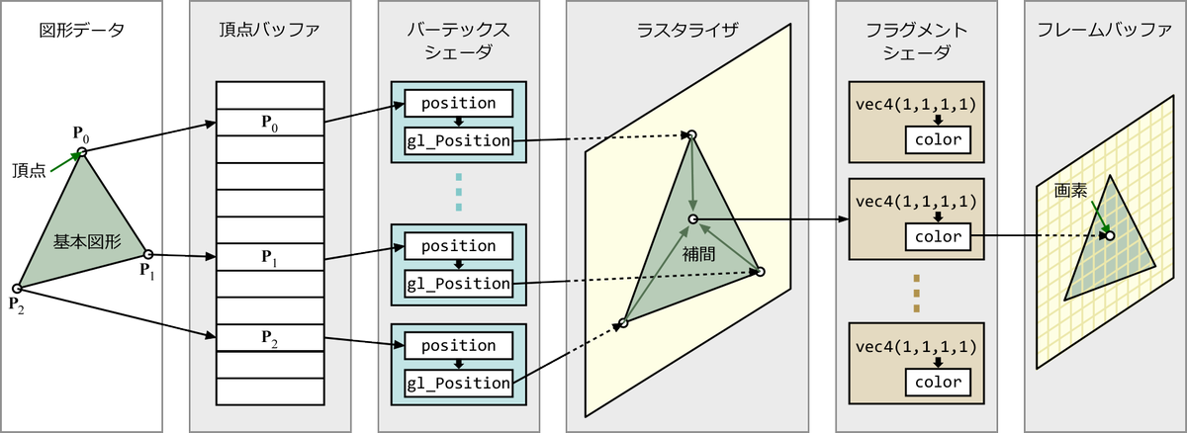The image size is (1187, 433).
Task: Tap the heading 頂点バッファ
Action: [x=270, y=30]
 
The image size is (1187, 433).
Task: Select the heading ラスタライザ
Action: [x=686, y=30]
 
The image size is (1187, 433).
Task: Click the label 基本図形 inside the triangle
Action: [x=81, y=239]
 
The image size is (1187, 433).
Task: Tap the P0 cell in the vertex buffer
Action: [x=270, y=123]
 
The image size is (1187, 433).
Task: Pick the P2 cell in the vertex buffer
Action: [x=270, y=338]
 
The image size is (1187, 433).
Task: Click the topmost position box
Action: [x=458, y=103]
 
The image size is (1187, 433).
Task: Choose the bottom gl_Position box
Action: [x=458, y=383]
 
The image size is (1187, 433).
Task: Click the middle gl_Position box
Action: [x=458, y=284]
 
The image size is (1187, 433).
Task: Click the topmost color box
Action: [x=938, y=139]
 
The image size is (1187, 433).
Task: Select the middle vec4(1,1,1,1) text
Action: [x=916, y=201]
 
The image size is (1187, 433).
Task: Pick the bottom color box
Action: [x=938, y=383]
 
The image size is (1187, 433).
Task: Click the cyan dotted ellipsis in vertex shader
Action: [x=458, y=191]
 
